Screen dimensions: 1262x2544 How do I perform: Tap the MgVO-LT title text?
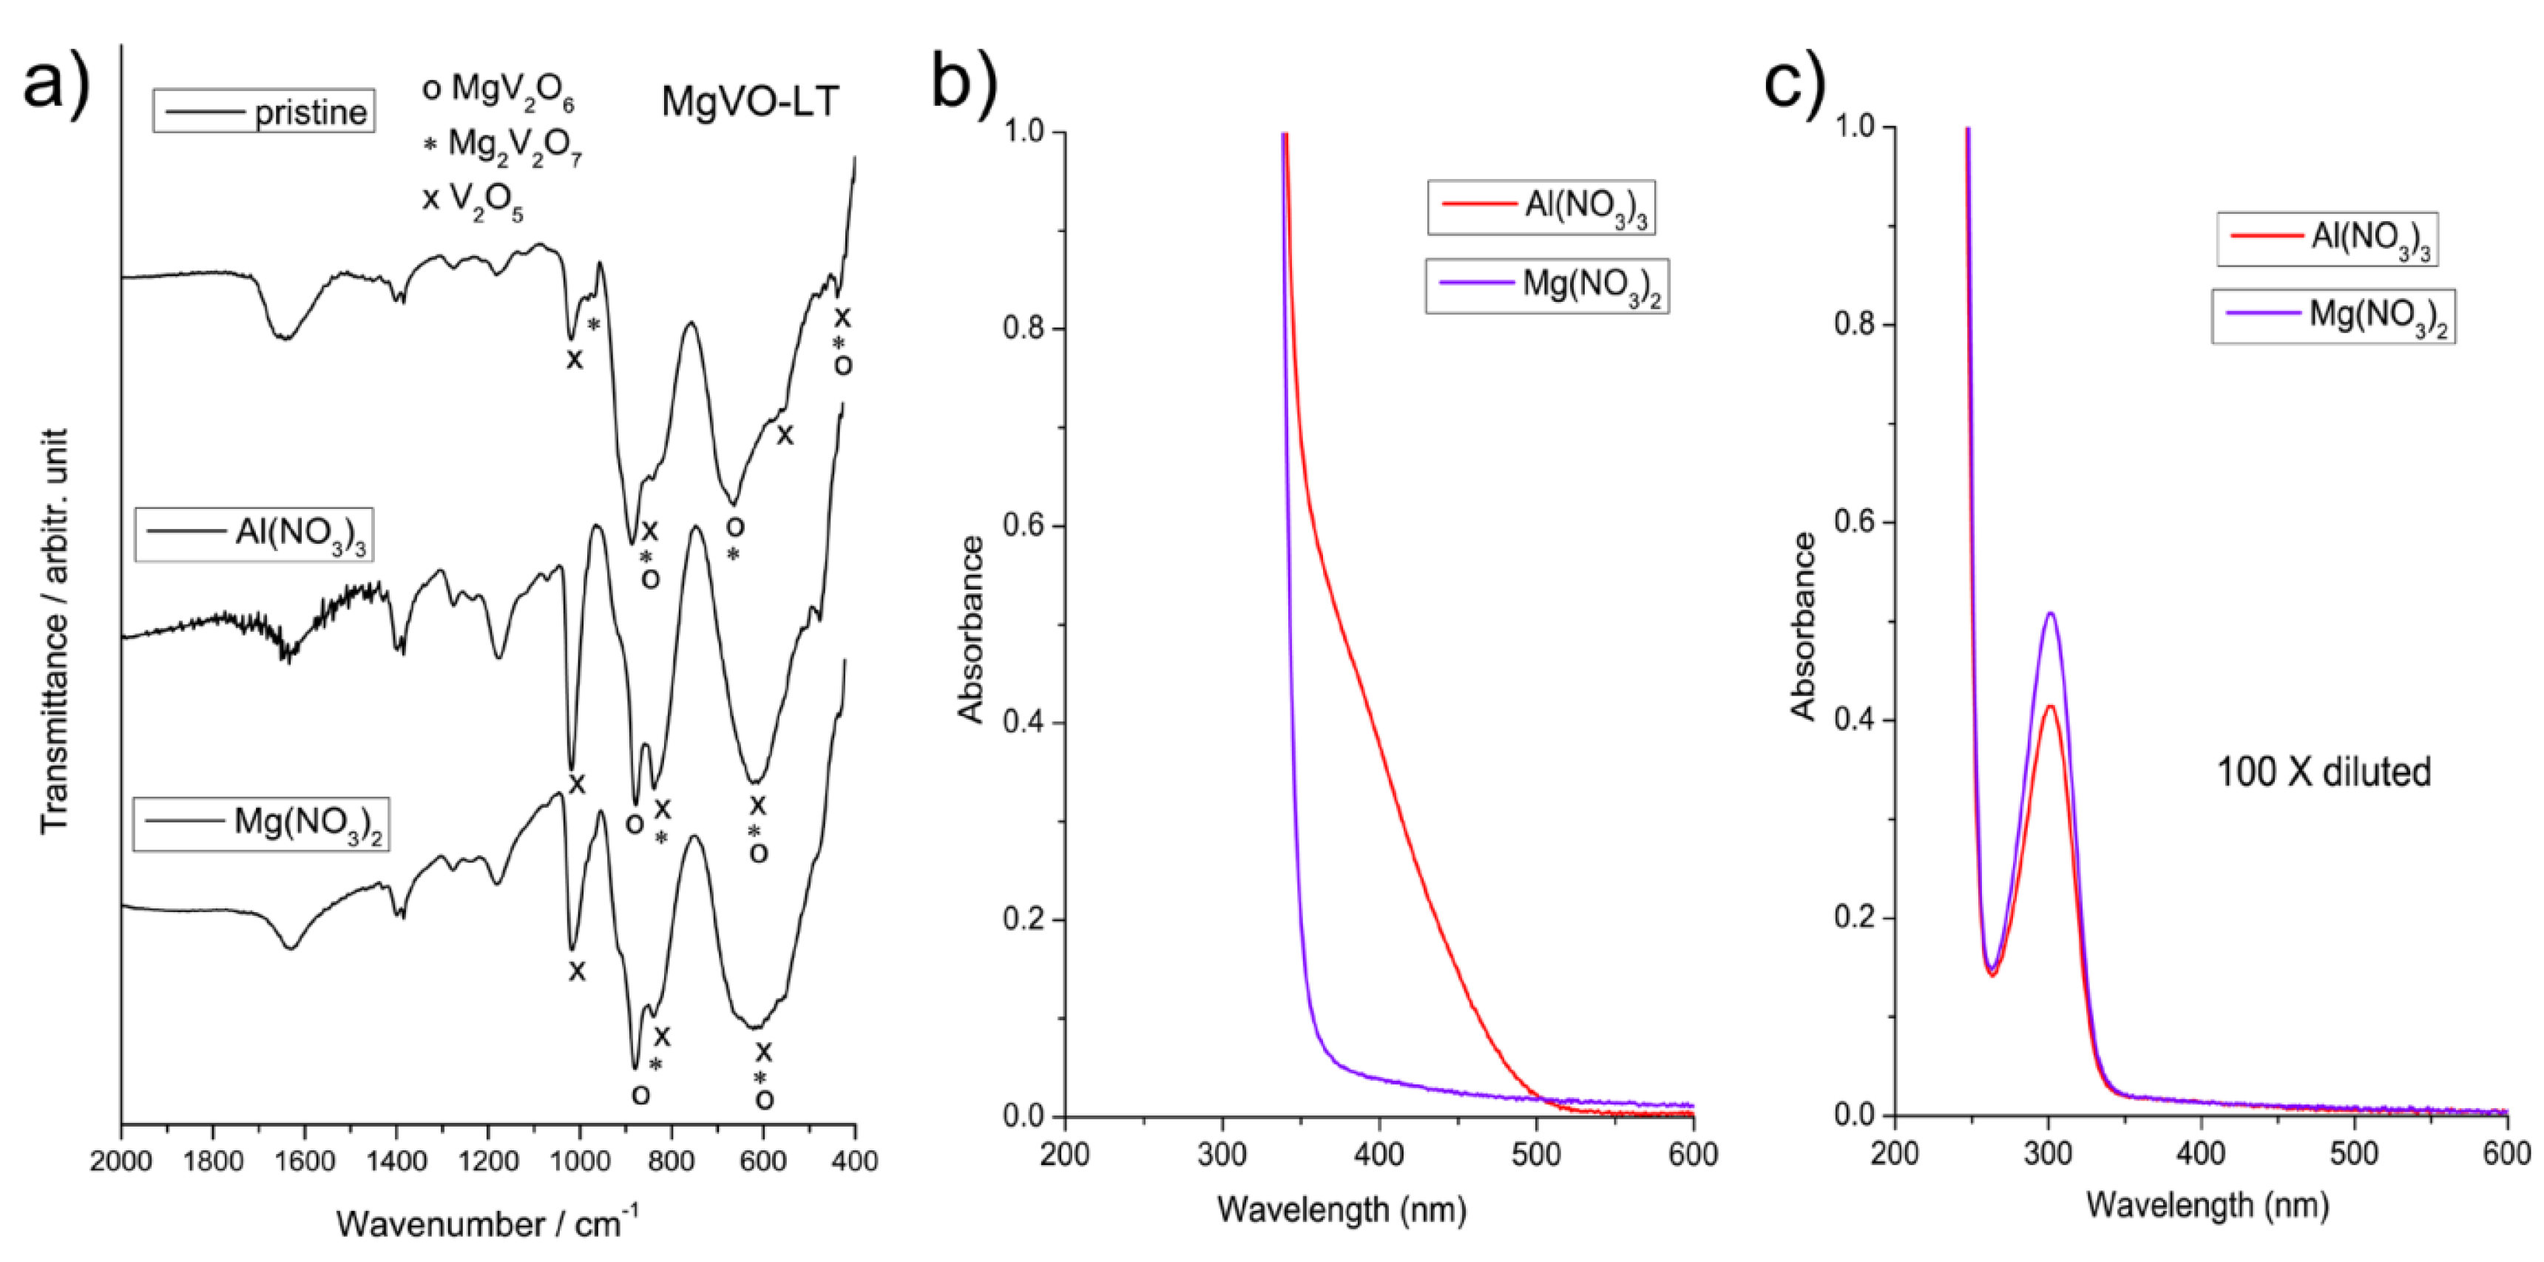[750, 101]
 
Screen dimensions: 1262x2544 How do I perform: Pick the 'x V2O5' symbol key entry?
[473, 200]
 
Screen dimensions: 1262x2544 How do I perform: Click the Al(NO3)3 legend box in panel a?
[255, 534]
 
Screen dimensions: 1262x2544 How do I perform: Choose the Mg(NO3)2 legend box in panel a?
[261, 823]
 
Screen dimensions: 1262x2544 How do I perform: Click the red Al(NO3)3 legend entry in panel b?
[1540, 207]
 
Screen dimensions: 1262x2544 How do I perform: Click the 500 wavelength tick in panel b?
[1536, 1153]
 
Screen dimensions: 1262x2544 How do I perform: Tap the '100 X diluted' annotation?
[2323, 772]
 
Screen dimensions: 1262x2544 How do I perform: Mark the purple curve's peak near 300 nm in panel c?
[2050, 613]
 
